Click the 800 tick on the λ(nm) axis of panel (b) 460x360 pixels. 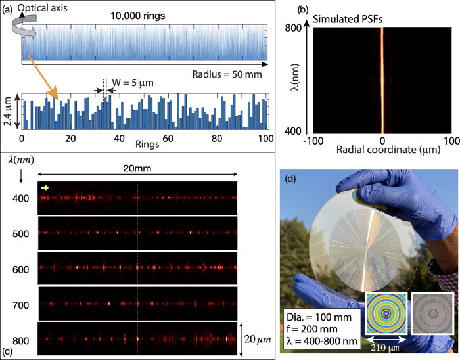coord(292,29)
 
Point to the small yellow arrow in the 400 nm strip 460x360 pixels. coord(45,189)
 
